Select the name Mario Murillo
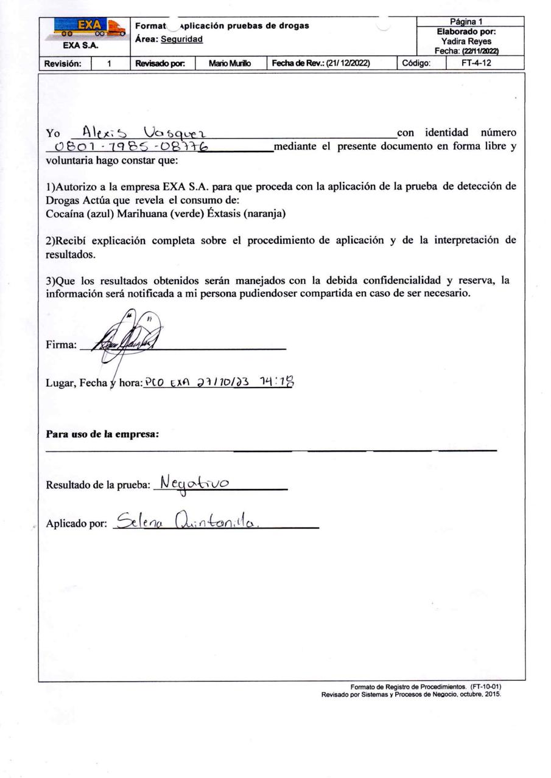point(230,63)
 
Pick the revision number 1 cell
point(110,63)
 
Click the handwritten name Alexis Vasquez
point(146,131)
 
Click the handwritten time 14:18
point(277,381)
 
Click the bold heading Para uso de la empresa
point(103,435)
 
